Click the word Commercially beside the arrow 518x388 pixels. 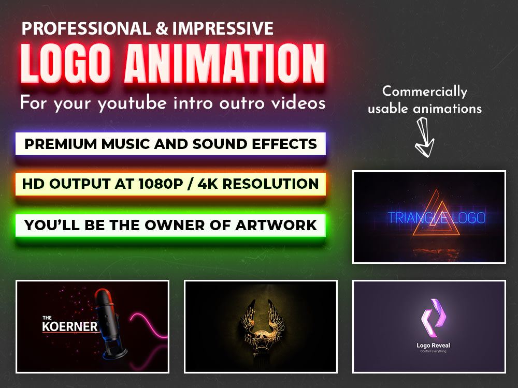[425, 92]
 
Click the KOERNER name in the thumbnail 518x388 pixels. [69, 326]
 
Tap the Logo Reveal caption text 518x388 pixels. [433, 345]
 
